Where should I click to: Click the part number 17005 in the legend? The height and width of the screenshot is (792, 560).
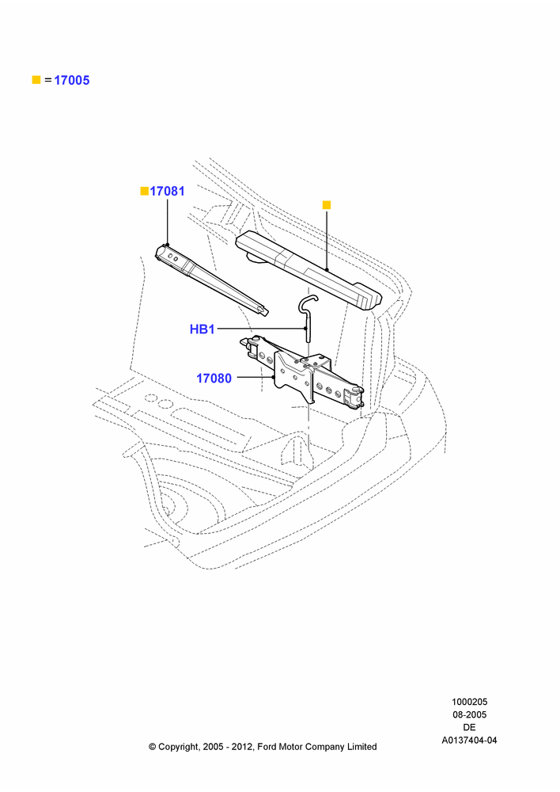pyautogui.click(x=72, y=80)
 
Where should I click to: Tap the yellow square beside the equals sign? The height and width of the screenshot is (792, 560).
pyautogui.click(x=36, y=80)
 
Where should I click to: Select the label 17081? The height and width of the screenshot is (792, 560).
pyautogui.click(x=168, y=192)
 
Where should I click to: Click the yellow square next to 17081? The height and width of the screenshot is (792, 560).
pyautogui.click(x=145, y=191)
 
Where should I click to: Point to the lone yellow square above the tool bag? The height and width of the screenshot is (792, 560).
pyautogui.click(x=327, y=205)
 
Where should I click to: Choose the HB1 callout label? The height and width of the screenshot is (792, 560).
pyautogui.click(x=202, y=329)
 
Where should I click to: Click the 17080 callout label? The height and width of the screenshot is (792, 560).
pyautogui.click(x=214, y=379)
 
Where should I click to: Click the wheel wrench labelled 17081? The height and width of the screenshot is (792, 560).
pyautogui.click(x=212, y=280)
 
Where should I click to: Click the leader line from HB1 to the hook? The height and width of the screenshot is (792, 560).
pyautogui.click(x=261, y=329)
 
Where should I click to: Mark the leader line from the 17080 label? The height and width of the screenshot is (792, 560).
pyautogui.click(x=255, y=377)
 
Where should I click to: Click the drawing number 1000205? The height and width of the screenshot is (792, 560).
pyautogui.click(x=469, y=702)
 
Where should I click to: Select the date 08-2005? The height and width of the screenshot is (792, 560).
pyautogui.click(x=469, y=714)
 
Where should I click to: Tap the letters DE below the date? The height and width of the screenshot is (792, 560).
pyautogui.click(x=469, y=727)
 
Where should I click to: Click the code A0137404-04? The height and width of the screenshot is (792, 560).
pyautogui.click(x=469, y=741)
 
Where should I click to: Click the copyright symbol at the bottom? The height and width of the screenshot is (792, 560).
pyautogui.click(x=153, y=747)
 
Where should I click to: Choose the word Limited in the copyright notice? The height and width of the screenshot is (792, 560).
pyautogui.click(x=361, y=747)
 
